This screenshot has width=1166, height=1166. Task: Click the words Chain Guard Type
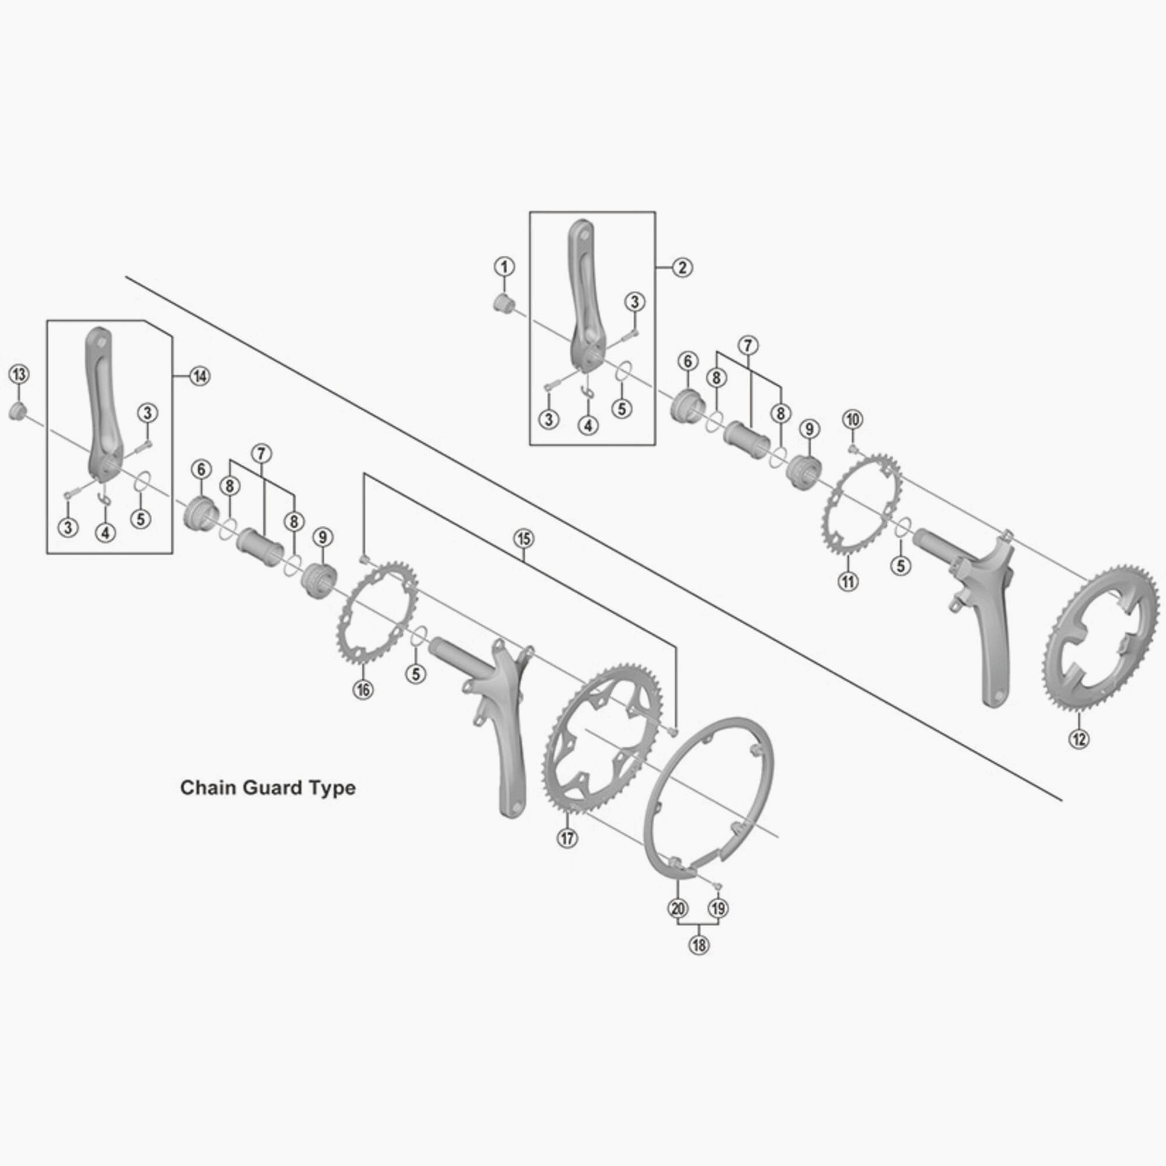pos(268,788)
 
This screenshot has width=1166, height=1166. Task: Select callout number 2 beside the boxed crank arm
pos(682,268)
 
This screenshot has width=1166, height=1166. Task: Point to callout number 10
pos(853,419)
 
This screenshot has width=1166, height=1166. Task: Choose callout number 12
pos(1079,737)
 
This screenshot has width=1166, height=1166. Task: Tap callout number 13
pos(19,374)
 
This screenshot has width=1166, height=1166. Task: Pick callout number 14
pos(199,376)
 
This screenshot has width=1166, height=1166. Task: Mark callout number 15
pos(524,538)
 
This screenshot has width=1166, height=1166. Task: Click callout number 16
pos(363,689)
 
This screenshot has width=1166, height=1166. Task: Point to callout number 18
pos(699,944)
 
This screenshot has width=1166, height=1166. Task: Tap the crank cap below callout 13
pos(17,413)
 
